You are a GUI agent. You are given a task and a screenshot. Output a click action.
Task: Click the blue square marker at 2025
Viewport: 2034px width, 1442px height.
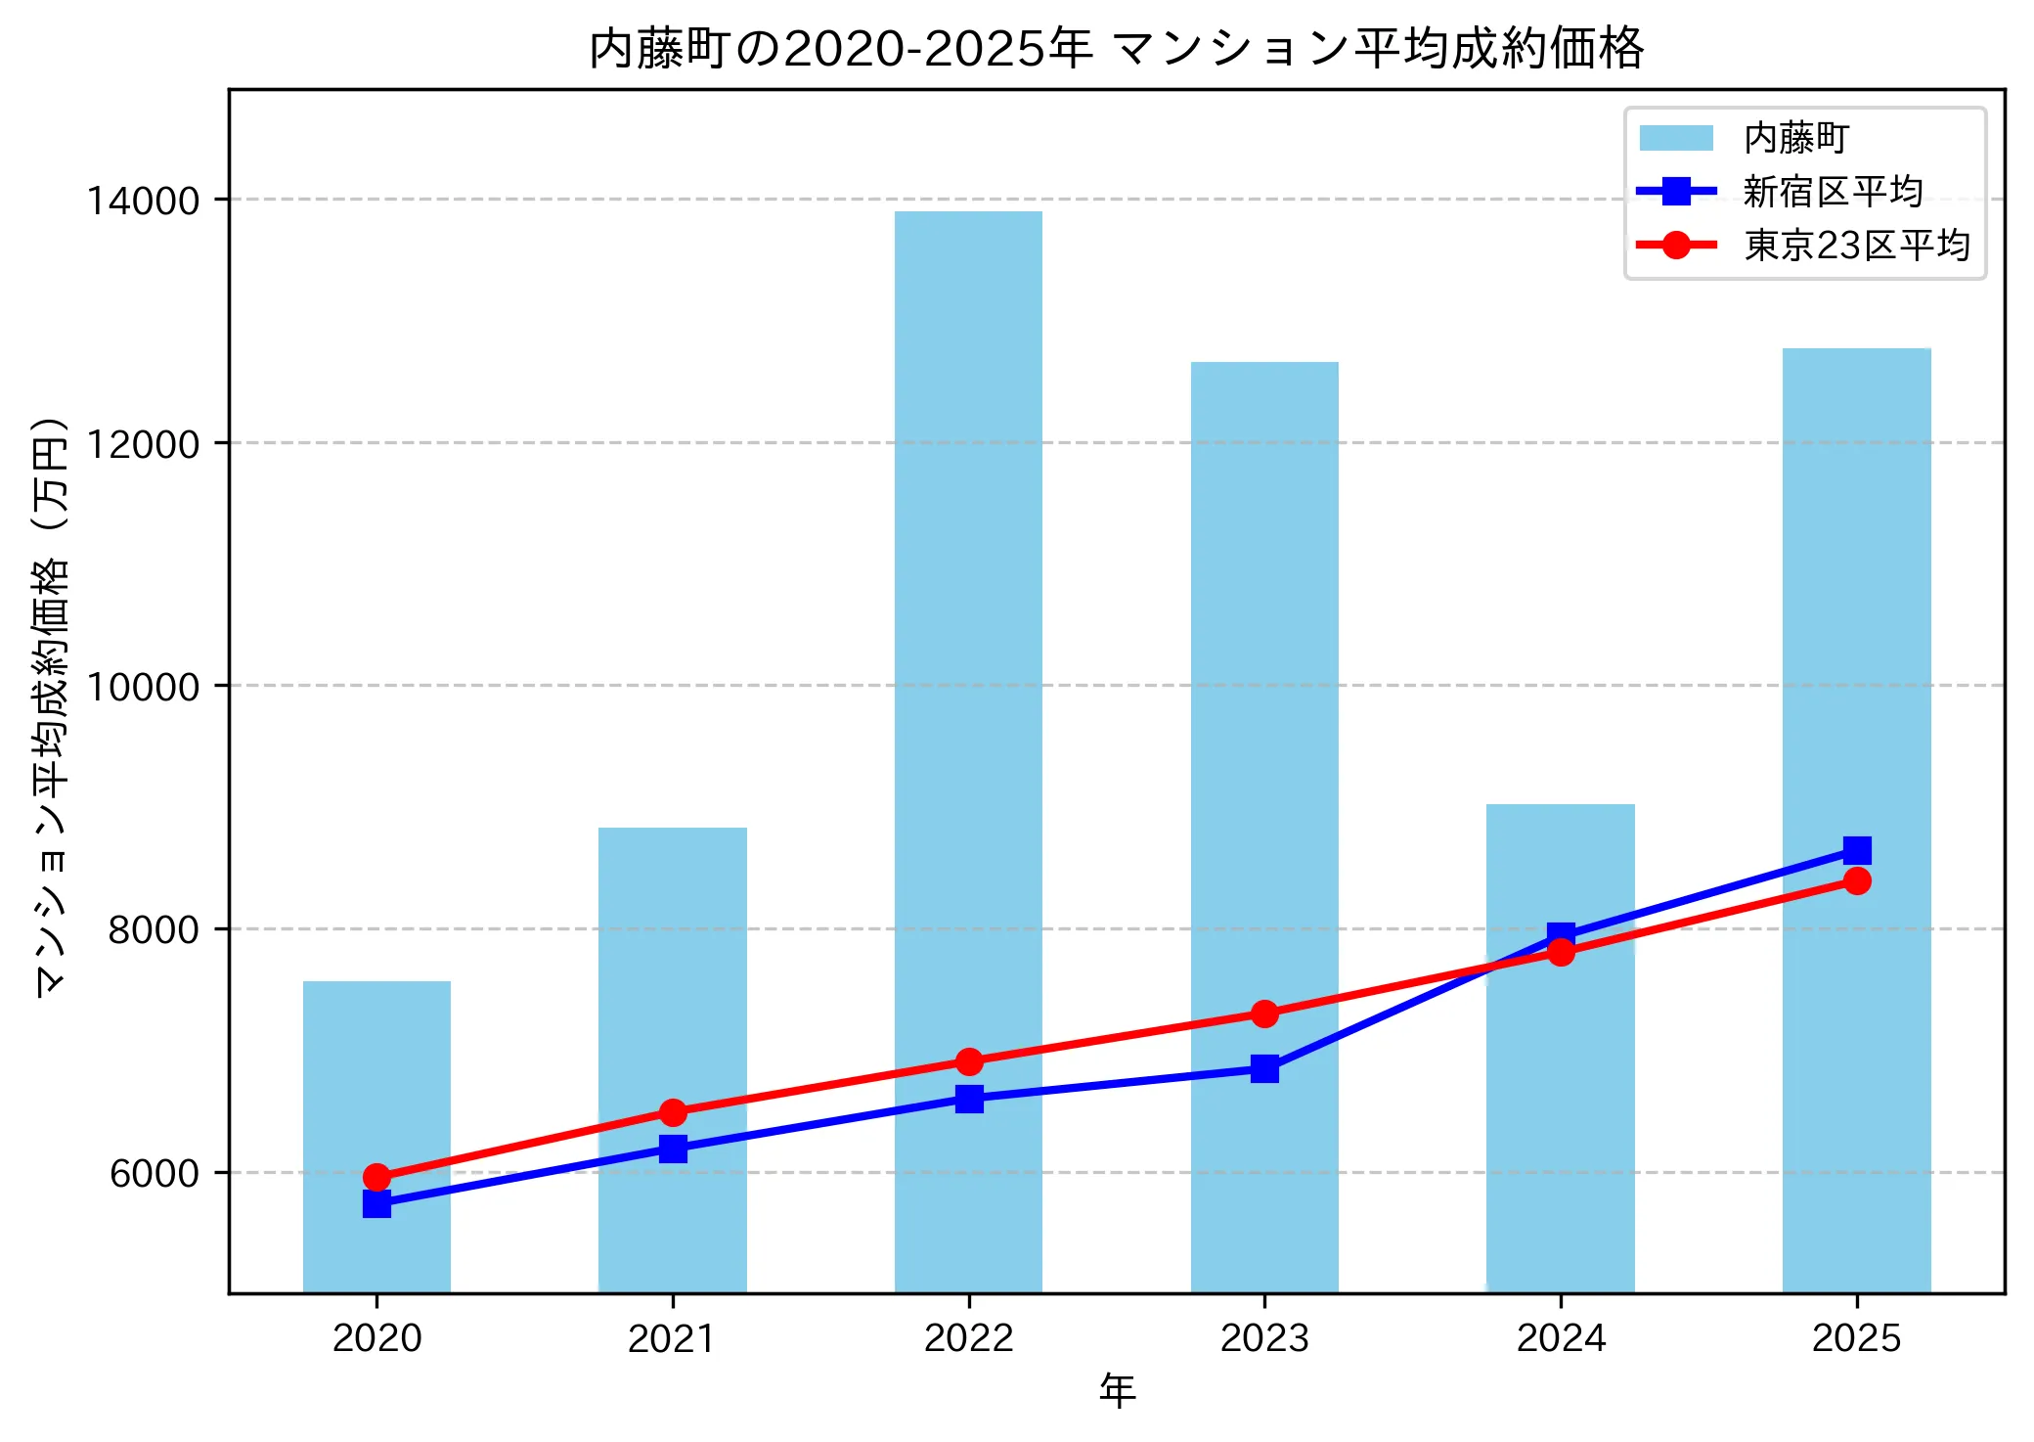point(1857,850)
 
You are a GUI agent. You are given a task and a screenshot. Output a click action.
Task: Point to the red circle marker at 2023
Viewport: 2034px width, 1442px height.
point(1264,1014)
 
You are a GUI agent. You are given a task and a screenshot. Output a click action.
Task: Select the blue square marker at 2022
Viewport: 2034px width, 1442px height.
point(969,1099)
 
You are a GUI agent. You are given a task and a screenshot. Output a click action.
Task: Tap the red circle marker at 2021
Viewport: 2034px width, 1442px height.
point(673,1112)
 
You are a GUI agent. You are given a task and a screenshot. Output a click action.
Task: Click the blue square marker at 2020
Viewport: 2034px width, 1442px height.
point(376,1203)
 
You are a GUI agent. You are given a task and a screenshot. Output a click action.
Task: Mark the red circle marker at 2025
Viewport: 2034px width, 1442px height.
point(1857,881)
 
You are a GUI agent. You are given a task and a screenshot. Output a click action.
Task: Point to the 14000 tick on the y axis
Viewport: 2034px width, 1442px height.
point(144,201)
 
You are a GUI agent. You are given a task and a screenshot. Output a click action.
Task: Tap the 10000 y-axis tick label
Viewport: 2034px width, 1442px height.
point(144,687)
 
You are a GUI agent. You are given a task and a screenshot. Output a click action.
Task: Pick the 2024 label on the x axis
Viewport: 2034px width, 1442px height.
point(1561,1338)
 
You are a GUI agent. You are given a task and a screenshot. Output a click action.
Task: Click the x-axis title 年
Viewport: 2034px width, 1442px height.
point(1117,1390)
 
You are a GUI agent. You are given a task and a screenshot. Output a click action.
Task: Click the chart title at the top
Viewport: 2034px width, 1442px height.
point(1117,47)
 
